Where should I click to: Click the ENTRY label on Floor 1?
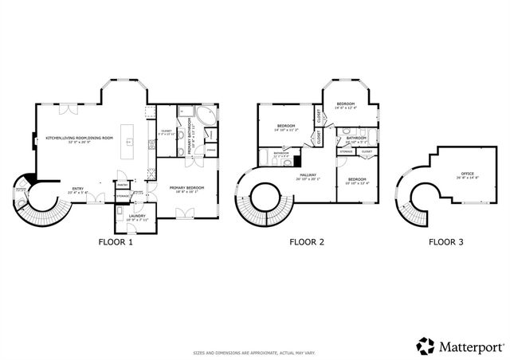coord(76,189)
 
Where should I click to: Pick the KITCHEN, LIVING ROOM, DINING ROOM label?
coord(80,138)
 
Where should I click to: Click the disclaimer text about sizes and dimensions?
coord(254,351)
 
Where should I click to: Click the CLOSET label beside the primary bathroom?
coord(166,131)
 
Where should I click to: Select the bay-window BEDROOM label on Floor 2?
coord(345,104)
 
